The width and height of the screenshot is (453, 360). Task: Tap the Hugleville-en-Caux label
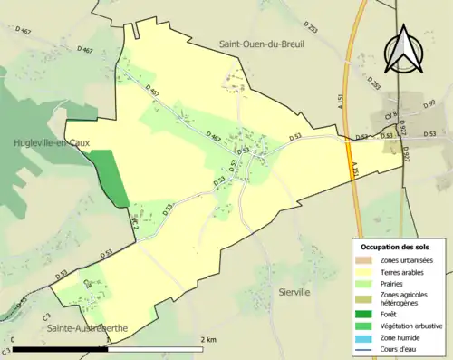pyautogui.click(x=44, y=142)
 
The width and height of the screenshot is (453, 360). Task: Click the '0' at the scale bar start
pyautogui.click(x=15, y=339)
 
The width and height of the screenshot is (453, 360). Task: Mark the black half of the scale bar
pyautogui.click(x=61, y=348)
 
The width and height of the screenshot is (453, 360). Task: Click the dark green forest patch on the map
pyautogui.click(x=111, y=178)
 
